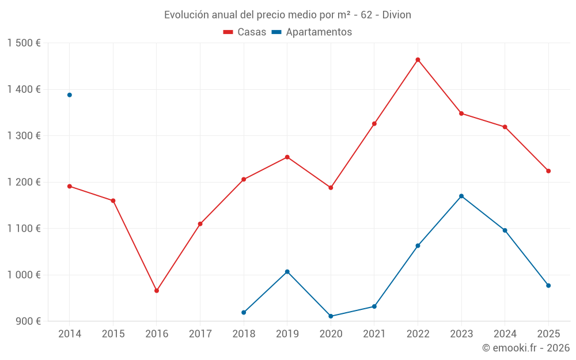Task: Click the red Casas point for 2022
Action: point(418,60)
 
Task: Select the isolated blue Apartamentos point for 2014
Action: point(70,95)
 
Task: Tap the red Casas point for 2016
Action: point(157,291)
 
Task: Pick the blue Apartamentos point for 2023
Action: point(461,196)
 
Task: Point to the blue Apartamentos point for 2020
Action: point(331,316)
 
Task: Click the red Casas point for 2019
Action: point(287,157)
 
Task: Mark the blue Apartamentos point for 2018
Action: point(244,312)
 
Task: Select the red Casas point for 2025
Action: point(548,171)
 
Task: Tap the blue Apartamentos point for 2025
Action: point(548,286)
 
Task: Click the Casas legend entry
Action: point(245,32)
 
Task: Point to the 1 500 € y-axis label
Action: point(24,43)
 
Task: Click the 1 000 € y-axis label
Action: point(24,275)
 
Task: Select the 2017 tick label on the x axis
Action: point(200,334)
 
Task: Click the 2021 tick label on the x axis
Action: point(374,334)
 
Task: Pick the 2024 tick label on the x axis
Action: point(505,334)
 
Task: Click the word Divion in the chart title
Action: point(397,14)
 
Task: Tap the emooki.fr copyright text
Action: point(525,348)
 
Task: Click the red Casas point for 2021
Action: point(374,124)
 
